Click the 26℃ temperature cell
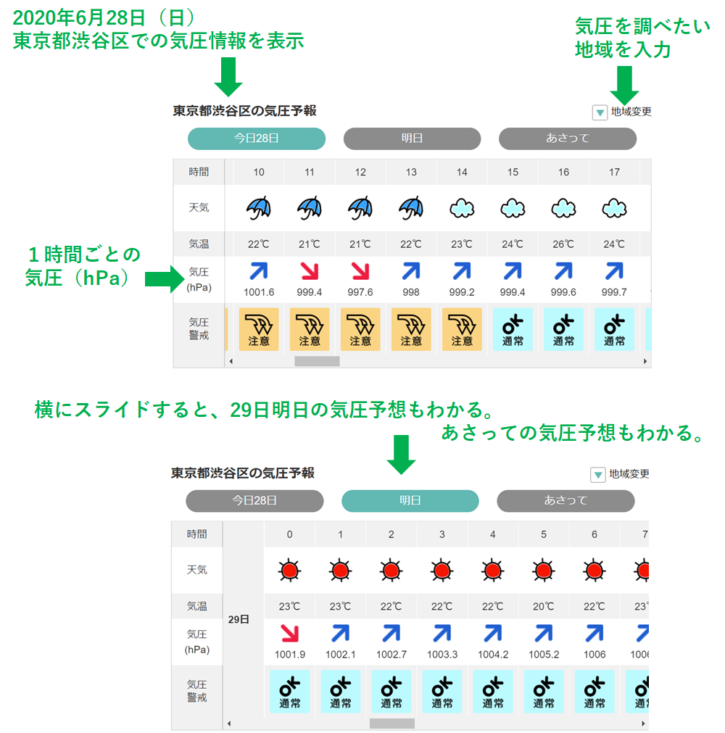tap(563, 244)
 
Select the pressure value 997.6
tap(360, 292)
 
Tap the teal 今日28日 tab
tap(257, 138)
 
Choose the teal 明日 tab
tap(410, 501)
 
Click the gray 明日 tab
tap(412, 138)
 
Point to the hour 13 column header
tap(411, 172)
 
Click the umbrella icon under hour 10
tap(259, 208)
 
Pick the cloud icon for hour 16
tap(563, 209)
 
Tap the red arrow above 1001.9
tap(290, 634)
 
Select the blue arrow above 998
tap(411, 271)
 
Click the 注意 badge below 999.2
tap(462, 329)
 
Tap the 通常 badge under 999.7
tap(614, 329)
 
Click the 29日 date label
tap(239, 619)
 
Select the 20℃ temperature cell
tap(544, 606)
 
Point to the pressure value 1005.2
tap(544, 655)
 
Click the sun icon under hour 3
tap(442, 571)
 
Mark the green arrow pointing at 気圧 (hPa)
tap(165, 279)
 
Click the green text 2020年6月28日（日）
tap(103, 18)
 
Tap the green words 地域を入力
tap(623, 49)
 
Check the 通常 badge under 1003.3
tap(442, 692)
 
